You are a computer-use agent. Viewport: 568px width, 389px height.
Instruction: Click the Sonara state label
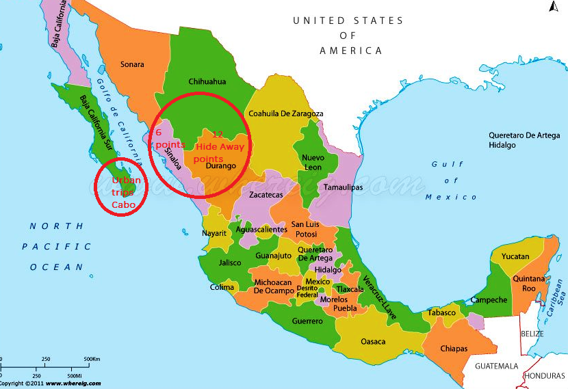click(132, 64)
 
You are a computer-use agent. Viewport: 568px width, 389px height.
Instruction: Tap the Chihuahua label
click(207, 81)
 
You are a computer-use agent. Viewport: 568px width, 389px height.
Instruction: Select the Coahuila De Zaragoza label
click(285, 113)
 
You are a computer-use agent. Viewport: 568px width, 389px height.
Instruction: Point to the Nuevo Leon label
click(313, 162)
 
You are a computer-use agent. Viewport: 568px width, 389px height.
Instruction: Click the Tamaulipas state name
click(343, 186)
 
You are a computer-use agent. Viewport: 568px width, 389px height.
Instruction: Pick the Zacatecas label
click(266, 195)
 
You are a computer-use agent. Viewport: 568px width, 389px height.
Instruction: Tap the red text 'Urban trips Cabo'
click(127, 192)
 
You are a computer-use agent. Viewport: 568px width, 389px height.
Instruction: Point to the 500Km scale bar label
click(92, 359)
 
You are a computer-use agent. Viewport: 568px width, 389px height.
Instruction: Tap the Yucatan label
click(515, 256)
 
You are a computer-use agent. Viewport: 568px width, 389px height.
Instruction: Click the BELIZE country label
click(532, 334)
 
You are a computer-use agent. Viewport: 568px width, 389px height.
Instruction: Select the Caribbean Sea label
click(557, 291)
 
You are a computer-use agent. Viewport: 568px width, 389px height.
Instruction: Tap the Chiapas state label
click(454, 349)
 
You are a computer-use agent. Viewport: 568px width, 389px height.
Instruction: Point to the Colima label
click(222, 287)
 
